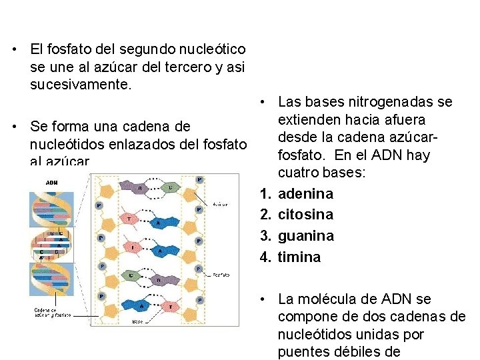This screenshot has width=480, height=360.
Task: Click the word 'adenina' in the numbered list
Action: (306, 194)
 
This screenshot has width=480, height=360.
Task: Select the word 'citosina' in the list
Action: (306, 215)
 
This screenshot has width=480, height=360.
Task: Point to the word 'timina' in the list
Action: (299, 257)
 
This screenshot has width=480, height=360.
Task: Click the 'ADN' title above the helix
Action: (51, 182)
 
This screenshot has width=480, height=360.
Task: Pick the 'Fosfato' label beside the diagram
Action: (221, 273)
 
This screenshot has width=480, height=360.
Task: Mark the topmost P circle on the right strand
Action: (200, 179)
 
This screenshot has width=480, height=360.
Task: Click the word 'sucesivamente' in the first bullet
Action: (74, 85)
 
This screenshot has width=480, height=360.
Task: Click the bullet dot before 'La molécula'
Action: (265, 299)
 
